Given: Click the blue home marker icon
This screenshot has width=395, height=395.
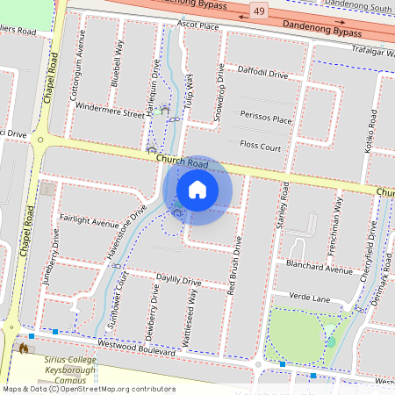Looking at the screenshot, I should point(197,190).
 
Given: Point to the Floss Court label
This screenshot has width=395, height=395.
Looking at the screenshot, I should point(261,147).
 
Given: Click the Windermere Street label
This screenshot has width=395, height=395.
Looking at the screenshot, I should point(110,113).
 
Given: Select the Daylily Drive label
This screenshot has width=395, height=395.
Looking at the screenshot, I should point(179,281).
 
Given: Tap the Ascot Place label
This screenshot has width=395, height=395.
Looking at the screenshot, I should point(198,26).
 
